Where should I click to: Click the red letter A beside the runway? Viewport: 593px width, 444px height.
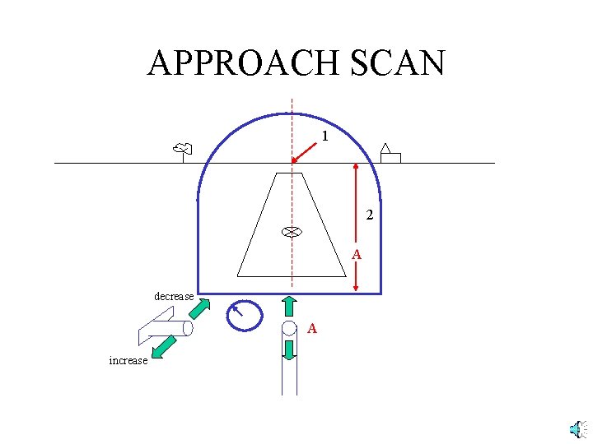[357, 256]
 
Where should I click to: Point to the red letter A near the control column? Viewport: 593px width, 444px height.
[312, 329]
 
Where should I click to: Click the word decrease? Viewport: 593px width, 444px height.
[174, 296]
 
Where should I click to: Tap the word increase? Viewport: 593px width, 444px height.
[128, 360]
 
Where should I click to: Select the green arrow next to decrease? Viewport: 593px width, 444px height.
[199, 308]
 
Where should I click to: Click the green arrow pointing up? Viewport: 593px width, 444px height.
[289, 306]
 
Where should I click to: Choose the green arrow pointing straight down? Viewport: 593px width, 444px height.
[289, 349]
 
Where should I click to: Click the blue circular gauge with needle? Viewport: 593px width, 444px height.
[245, 314]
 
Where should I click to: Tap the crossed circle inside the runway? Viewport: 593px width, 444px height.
[291, 232]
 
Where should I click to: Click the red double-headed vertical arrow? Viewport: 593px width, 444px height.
[355, 226]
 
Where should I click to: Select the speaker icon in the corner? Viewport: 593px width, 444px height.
[577, 429]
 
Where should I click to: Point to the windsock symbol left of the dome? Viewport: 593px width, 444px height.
[183, 150]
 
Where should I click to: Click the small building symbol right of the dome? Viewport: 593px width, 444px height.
[390, 154]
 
